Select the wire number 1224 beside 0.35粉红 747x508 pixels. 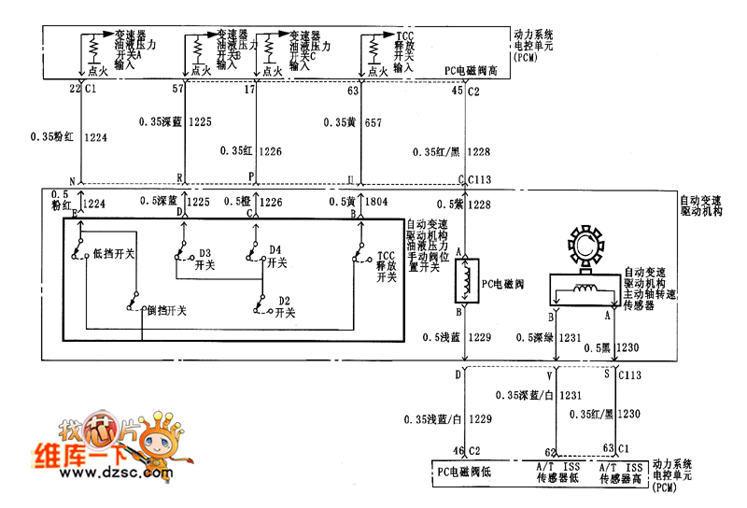(95, 137)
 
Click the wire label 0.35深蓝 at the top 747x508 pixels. (162, 121)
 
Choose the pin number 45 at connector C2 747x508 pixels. (457, 91)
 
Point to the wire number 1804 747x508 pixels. (376, 202)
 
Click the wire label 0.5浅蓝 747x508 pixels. (442, 337)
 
